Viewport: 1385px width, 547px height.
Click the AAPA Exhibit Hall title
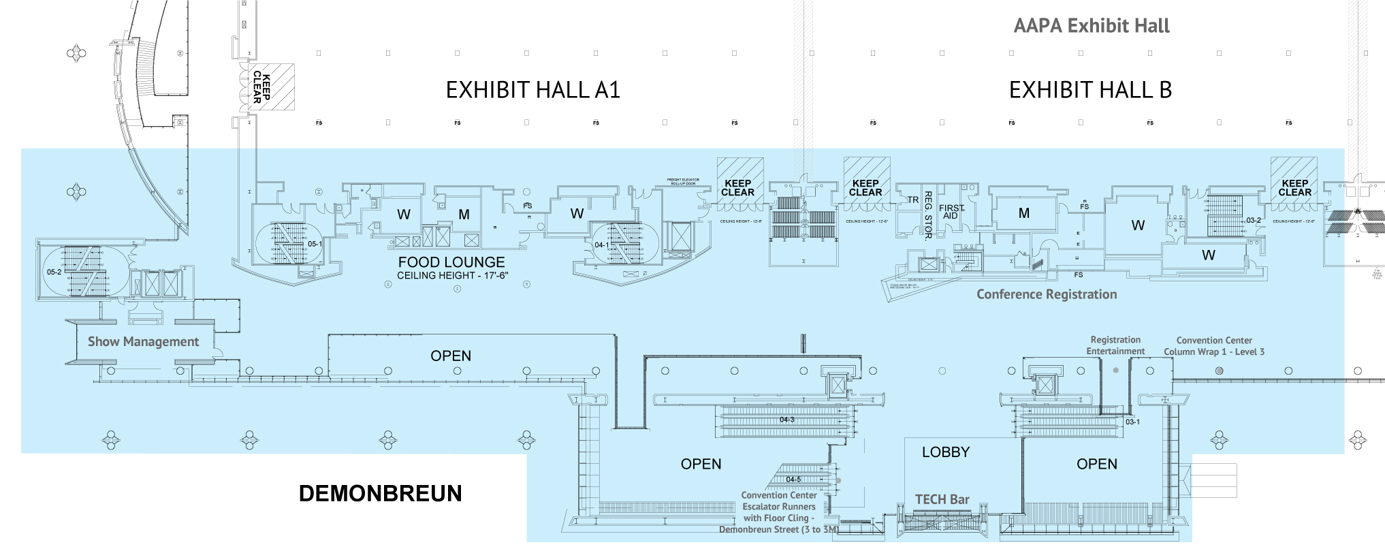tap(1091, 26)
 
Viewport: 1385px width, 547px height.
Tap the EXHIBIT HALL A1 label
tap(532, 90)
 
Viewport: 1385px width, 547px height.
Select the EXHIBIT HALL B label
tap(1090, 90)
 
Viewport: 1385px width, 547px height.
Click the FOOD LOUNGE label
tap(451, 262)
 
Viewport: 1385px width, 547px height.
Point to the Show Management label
tap(143, 342)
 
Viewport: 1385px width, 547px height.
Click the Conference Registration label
tap(1047, 294)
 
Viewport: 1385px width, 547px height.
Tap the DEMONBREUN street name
tap(380, 493)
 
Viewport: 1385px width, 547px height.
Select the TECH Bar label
tap(942, 499)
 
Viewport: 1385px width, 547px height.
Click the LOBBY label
tap(945, 452)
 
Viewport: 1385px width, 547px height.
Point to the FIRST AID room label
tap(951, 212)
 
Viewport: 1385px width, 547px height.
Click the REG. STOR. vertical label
tap(927, 215)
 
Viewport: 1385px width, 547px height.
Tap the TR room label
tap(912, 200)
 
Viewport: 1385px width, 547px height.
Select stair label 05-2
tap(54, 272)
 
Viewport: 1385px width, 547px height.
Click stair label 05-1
tap(315, 244)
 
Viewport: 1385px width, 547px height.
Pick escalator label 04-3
tap(786, 420)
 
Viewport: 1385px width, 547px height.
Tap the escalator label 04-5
tap(793, 480)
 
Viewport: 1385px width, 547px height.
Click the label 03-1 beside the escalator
tap(1132, 422)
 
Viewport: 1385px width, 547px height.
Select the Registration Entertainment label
tap(1115, 345)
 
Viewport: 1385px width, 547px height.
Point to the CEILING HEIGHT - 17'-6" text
tap(452, 276)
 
